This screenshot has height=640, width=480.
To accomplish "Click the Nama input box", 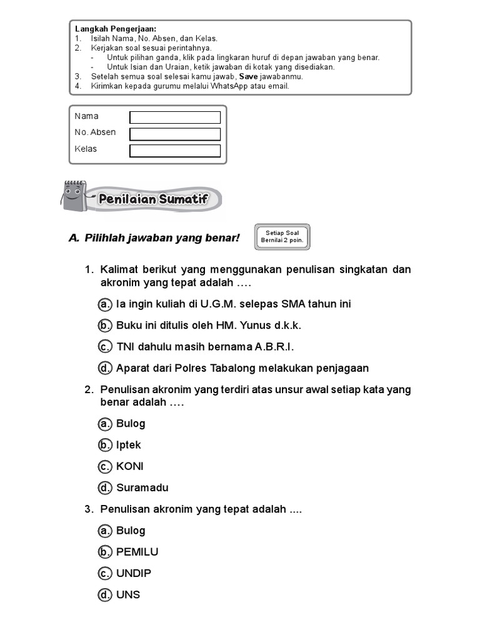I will tap(175, 117).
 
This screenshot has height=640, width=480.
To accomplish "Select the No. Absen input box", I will tap(175, 134).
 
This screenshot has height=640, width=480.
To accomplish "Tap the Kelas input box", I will tap(175, 151).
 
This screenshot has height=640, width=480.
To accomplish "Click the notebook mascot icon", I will tap(74, 196).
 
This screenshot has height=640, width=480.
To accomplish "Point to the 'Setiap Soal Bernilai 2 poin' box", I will tap(283, 237).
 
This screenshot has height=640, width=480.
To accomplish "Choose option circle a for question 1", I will tap(105, 304).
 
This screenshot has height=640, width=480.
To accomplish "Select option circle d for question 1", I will tap(105, 368).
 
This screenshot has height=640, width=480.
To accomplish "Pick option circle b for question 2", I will tap(105, 445).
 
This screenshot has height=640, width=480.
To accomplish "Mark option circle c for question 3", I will tap(105, 573).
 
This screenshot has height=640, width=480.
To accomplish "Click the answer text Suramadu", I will tap(142, 487).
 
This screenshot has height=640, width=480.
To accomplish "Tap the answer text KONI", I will tap(130, 466).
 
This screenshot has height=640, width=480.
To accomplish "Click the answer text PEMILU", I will tap(137, 552).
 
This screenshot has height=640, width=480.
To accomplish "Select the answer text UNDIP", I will tap(134, 573).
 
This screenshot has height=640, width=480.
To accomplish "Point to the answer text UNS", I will tap(128, 594).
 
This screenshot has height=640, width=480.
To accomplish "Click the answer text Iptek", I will tap(129, 445).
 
